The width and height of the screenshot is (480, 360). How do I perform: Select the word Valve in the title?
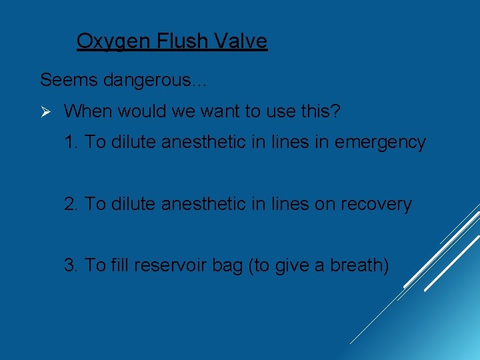tap(241, 41)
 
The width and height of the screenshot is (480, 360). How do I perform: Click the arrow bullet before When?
tap(45, 111)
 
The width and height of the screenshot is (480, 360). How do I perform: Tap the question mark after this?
tap(335, 111)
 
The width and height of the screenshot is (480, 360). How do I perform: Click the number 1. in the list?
tap(72, 143)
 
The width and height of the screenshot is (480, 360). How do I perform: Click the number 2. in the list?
tap(72, 204)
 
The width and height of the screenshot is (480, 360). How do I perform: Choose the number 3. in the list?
tap(72, 265)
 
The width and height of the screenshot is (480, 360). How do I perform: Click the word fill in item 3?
tap(119, 265)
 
